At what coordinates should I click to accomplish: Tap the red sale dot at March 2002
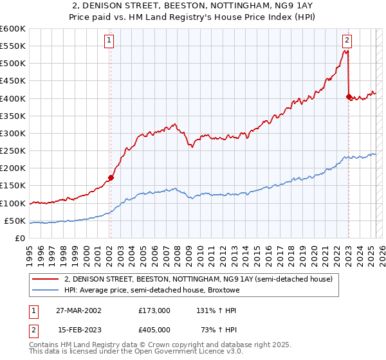111,177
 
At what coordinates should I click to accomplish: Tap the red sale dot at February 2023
349,97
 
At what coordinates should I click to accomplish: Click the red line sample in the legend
46,279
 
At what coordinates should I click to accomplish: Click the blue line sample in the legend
46,290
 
